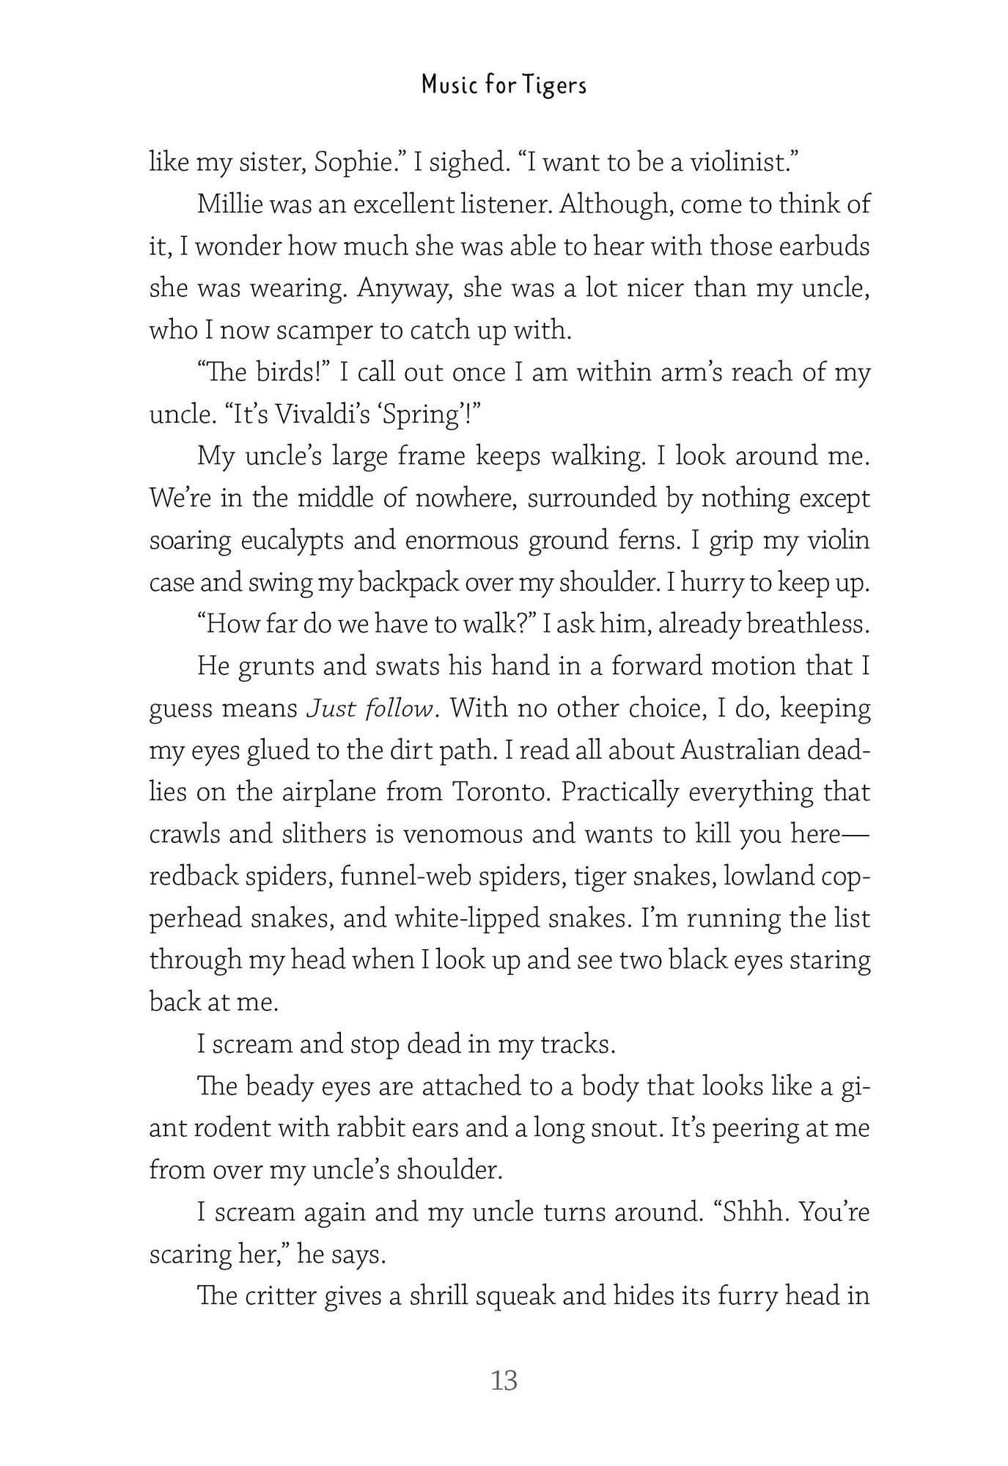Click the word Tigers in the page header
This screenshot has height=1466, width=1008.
pyautogui.click(x=555, y=86)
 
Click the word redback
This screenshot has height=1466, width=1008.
pyautogui.click(x=194, y=877)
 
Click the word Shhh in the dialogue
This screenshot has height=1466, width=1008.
pyautogui.click(x=754, y=1212)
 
